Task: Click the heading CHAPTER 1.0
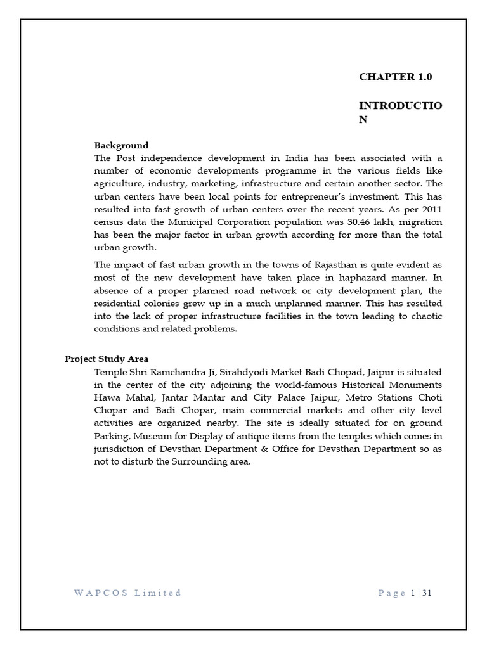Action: (395, 77)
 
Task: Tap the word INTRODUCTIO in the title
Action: (401, 105)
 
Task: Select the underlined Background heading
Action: (121, 145)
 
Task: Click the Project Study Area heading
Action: (107, 359)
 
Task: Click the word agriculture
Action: (119, 184)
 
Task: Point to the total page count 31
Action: (427, 593)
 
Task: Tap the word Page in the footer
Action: (391, 593)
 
